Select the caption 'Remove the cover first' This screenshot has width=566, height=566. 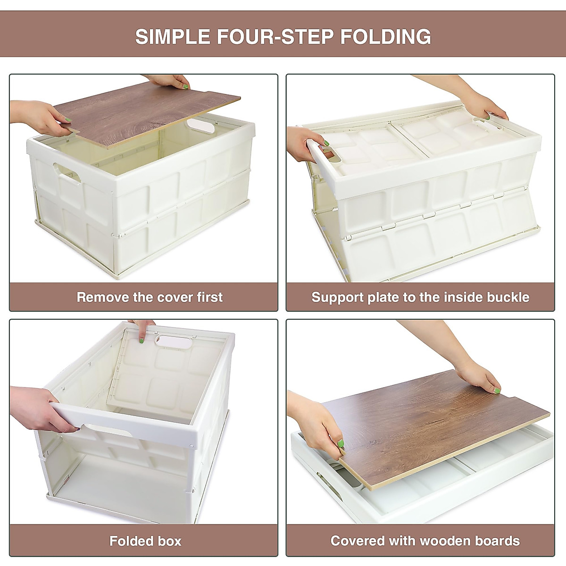tap(150, 297)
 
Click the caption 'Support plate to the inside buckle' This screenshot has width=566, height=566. tap(420, 297)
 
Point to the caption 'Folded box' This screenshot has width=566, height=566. tap(145, 541)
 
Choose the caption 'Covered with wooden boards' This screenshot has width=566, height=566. tap(425, 541)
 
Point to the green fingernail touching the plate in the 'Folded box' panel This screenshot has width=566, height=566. tap(140, 338)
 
